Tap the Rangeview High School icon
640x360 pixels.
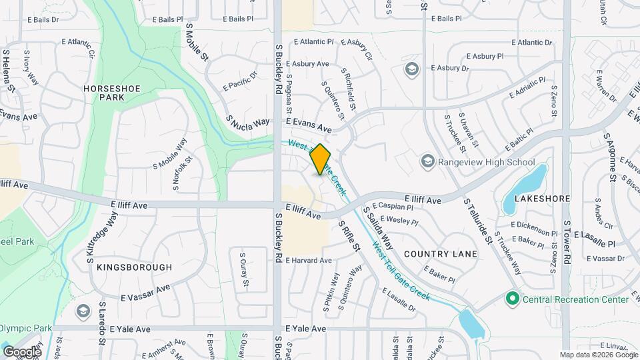pos(427,162)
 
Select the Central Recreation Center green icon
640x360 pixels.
pos(512,298)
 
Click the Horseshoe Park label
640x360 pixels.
pos(103,93)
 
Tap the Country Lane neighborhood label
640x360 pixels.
pos(441,254)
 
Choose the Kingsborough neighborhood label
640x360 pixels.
pos(134,267)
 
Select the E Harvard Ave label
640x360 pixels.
pos(309,260)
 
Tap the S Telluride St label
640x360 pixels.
pos(479,221)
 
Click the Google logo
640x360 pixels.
pos(22,351)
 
